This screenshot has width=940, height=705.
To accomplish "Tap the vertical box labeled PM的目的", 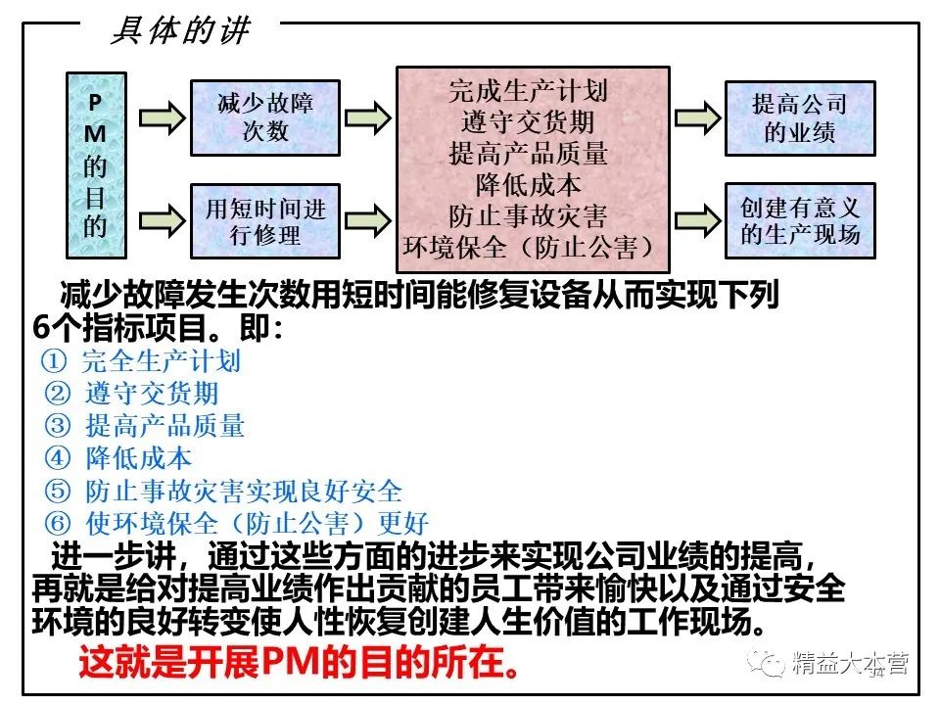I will click(95, 159).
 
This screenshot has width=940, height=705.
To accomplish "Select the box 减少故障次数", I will click(265, 117).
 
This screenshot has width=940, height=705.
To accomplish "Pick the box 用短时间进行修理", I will click(265, 221).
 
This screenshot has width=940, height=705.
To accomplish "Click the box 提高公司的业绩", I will click(799, 117).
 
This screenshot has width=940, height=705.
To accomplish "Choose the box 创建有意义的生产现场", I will click(799, 220).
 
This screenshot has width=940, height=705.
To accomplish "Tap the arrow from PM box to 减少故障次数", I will click(161, 117).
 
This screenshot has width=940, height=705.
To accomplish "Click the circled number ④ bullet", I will click(58, 457).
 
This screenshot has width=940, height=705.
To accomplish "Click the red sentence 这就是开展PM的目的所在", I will click(299, 666).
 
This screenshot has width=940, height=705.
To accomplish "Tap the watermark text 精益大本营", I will click(850, 665).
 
